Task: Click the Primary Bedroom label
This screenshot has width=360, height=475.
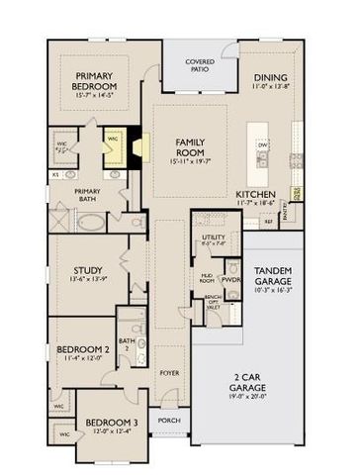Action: (96, 83)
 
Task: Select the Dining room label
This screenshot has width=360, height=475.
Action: (271, 77)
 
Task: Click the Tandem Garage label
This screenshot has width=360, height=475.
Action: (274, 276)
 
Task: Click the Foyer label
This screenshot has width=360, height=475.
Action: (169, 374)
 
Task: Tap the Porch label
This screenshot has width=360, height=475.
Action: (169, 420)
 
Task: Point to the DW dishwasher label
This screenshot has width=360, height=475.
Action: (263, 144)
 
